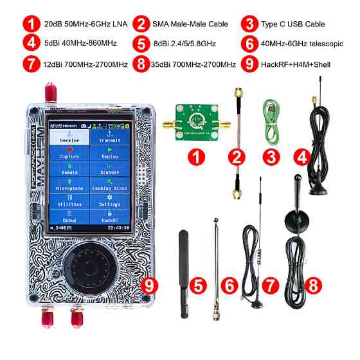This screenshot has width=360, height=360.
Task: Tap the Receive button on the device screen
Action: (x=66, y=136)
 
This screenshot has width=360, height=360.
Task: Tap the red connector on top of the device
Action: (x=50, y=90)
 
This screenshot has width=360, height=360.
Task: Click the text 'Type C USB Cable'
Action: (x=292, y=24)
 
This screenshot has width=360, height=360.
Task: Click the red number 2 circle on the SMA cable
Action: (x=237, y=155)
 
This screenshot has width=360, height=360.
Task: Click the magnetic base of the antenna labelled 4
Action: (x=319, y=187)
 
